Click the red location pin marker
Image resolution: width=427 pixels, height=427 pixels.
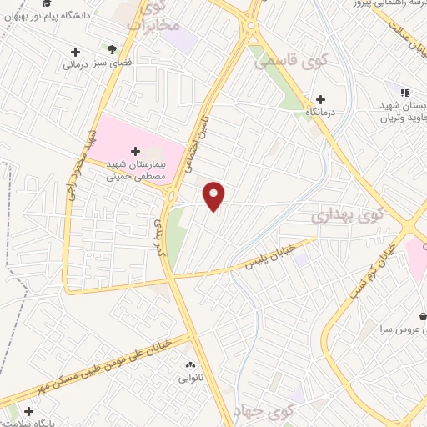click(215, 195)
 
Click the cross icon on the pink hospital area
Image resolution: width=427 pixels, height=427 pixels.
click(136, 151)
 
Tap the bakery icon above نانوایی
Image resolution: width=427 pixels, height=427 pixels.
click(190, 364)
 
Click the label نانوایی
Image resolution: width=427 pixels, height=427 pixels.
click(190, 378)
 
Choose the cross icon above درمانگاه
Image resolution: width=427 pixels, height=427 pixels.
click(321, 98)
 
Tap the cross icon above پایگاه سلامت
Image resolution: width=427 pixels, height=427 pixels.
click(30, 411)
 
